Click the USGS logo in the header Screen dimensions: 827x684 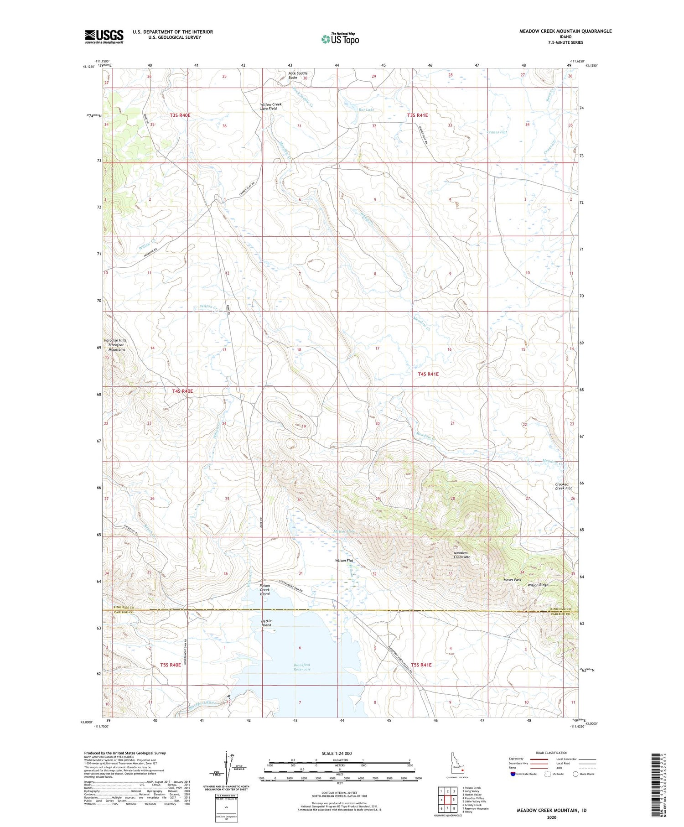coord(104,36)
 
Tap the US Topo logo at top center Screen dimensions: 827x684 coord(340,39)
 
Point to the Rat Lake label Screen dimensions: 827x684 coord(366,110)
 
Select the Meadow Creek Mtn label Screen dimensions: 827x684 coord(462,555)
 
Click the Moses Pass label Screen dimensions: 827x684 coord(512,580)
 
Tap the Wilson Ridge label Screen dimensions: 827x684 coord(538,585)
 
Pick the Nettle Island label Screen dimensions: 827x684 coord(266,623)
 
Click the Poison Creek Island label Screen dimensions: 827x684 coord(265,589)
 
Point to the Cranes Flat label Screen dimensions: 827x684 coord(497,132)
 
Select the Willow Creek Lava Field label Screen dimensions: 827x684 coord(271,106)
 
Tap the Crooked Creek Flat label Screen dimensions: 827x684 coord(563,486)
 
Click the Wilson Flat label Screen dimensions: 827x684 coord(344,560)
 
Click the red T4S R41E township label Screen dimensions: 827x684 coord(428,374)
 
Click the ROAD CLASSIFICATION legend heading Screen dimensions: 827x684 coord(552,753)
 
